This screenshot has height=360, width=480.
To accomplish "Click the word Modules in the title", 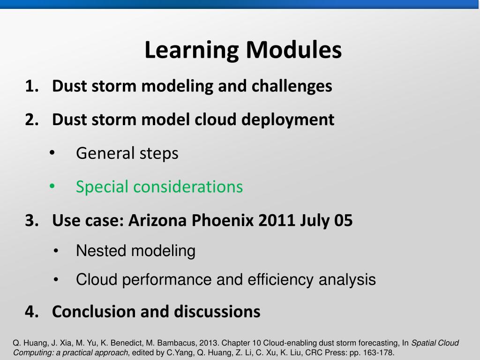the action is (x=293, y=50).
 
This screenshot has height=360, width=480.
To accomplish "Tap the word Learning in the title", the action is (x=192, y=50).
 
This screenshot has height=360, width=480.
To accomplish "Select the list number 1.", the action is (x=32, y=86).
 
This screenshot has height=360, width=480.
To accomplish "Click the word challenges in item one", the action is (x=292, y=86).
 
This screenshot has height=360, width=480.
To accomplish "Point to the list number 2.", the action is (x=32, y=120).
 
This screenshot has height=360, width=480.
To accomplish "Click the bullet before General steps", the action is (x=52, y=152).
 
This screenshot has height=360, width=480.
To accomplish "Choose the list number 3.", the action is (x=32, y=220).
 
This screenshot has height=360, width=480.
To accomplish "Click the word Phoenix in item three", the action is (x=223, y=220).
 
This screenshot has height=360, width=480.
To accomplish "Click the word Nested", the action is (x=101, y=251).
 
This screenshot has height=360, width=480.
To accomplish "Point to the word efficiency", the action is (x=280, y=279).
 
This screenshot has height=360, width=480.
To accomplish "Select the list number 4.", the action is (x=32, y=312).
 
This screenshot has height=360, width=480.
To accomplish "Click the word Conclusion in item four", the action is (x=94, y=312).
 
